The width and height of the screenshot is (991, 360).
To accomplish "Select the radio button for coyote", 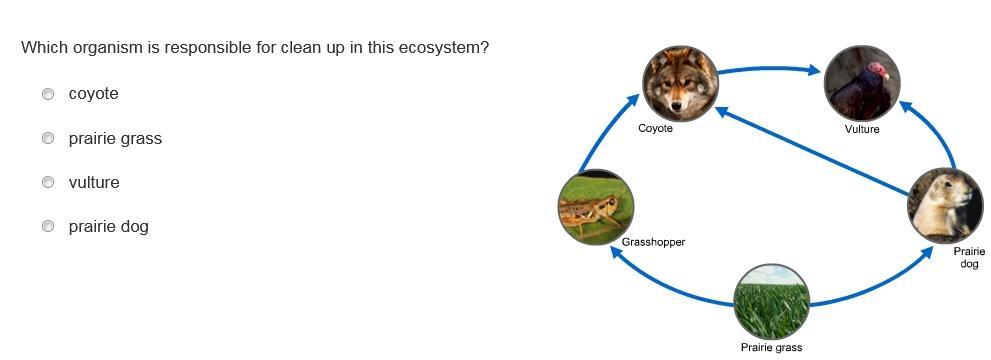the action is coord(48,94).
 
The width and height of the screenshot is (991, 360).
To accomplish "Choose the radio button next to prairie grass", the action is coord(48,138).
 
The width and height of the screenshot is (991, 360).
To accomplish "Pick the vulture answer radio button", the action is coord(48,183).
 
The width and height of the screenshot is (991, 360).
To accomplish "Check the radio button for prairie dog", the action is coord(48,226).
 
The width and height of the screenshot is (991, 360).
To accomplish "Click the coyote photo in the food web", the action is coord(680,83).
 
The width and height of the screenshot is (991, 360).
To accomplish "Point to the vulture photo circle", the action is coord(862,83).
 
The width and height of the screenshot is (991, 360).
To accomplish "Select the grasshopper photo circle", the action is coord(596,207).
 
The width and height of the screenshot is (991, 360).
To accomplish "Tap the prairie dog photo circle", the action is coord(945,205).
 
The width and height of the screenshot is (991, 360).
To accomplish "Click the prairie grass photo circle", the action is coord(772,302).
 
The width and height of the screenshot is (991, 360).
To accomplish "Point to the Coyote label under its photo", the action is coord(655,129).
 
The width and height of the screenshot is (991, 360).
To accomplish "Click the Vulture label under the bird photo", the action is coord(861,129).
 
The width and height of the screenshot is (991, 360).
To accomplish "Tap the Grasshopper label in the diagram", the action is coord(653,242).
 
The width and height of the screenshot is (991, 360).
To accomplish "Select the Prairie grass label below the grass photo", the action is coord(771,347).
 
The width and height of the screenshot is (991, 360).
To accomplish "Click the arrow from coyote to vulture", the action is coord(769,67).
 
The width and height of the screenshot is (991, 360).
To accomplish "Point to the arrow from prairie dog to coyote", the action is coord(812,150).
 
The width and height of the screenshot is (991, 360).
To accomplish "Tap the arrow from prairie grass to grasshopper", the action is coord(664,284).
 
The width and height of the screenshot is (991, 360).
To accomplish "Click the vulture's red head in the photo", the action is coord(877,69).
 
